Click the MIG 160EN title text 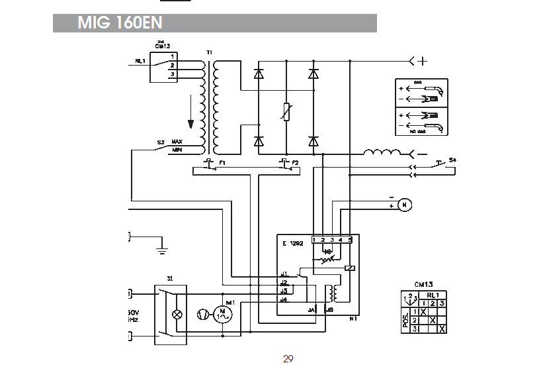click(120, 23)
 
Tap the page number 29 click(288, 359)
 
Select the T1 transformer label click(209, 52)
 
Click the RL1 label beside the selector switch click(140, 61)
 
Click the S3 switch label click(161, 142)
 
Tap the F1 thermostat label click(222, 162)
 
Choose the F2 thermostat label click(295, 162)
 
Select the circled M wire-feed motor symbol click(406, 204)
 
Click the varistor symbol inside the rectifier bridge click(286, 113)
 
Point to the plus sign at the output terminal click(423, 62)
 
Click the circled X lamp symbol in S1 click(177, 315)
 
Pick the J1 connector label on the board click(284, 274)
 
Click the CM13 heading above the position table click(424, 284)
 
